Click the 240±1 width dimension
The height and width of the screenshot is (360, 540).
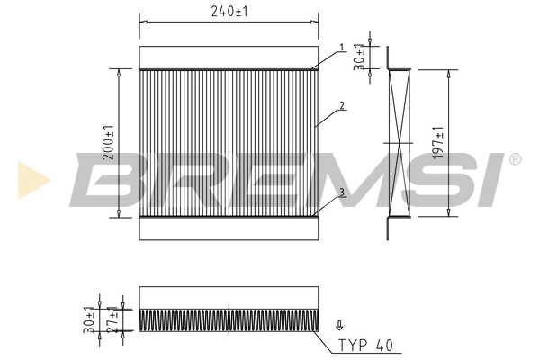pos(229,11)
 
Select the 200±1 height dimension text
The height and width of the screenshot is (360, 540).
pos(108,142)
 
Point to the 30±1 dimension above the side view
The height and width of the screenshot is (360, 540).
pos(360,57)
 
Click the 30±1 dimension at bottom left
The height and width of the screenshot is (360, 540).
pos(90,319)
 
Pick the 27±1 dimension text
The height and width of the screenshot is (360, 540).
pos(112,319)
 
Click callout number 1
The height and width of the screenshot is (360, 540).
pos(342,47)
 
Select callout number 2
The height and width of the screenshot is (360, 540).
pos(342,105)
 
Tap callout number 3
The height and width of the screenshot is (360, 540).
pos(342,192)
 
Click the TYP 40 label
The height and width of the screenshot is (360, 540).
pos(364,344)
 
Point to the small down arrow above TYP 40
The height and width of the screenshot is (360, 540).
pos(338,326)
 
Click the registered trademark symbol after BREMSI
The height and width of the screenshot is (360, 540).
pos(514,160)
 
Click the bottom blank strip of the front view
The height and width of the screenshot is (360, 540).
pos(229,229)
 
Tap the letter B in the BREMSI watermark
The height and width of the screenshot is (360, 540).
pos(103,180)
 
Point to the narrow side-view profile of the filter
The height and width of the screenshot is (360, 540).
pos(398,142)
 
